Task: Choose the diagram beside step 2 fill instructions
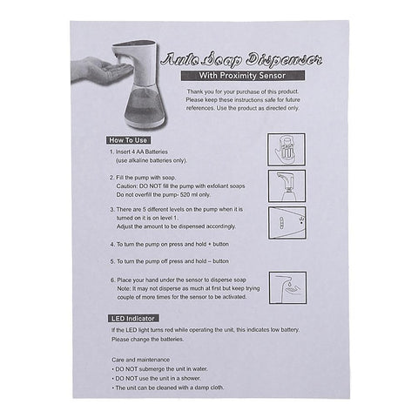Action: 287,186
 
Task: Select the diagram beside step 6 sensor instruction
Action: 287,287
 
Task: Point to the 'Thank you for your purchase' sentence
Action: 246,91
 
